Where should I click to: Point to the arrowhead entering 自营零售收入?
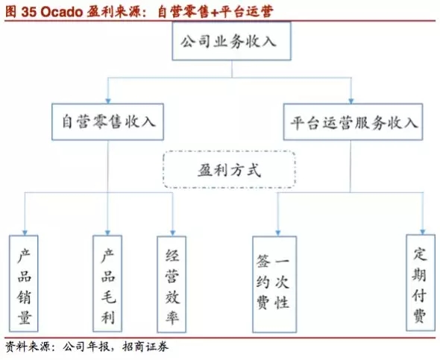coord(108,101)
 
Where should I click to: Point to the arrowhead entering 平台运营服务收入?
coord(351,101)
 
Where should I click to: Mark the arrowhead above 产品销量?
coord(25,233)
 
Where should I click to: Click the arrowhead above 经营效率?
coord(172,233)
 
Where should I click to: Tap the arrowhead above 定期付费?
coord(423,232)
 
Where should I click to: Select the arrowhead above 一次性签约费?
coord(278,233)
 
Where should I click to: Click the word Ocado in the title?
coord(62,12)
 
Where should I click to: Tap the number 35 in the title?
coord(29,12)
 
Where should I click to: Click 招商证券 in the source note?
coord(145,347)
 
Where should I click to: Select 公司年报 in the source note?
coord(86,347)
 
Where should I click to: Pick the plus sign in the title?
coord(213,13)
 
